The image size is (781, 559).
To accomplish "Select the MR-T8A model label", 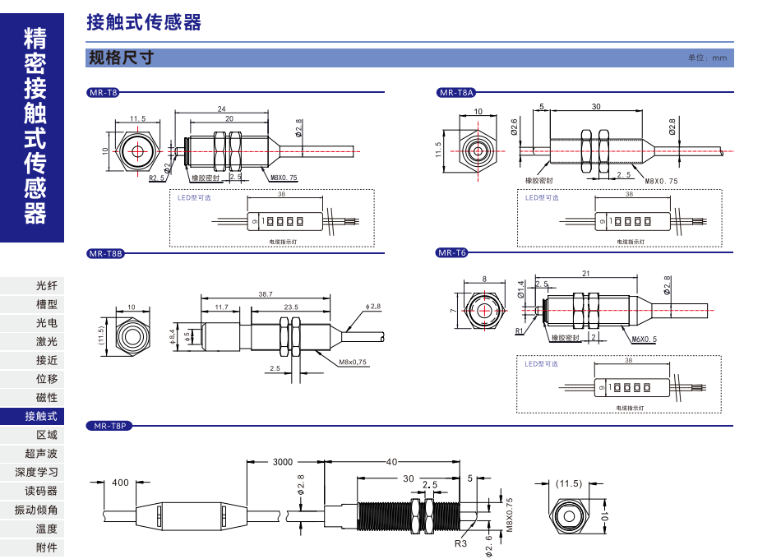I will click(456, 94).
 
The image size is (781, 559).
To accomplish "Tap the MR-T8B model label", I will click(105, 254).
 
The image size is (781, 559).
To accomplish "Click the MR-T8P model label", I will click(109, 426).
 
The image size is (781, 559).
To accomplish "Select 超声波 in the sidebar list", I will click(41, 454).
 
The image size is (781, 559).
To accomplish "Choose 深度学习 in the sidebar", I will click(37, 473).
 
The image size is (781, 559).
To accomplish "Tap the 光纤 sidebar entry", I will click(47, 286).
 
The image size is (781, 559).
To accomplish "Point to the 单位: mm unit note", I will click(708, 58).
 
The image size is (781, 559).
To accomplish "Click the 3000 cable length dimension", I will click(282, 463).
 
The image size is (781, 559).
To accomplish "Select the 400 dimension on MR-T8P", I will click(120, 483).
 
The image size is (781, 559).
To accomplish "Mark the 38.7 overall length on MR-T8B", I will click(265, 293).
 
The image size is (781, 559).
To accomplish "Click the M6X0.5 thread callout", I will click(645, 339).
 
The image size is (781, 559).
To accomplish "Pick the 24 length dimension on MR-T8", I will click(221, 109).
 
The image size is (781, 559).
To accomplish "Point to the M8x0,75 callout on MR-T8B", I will click(353, 362).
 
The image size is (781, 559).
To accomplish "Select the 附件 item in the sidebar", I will click(47, 547).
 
